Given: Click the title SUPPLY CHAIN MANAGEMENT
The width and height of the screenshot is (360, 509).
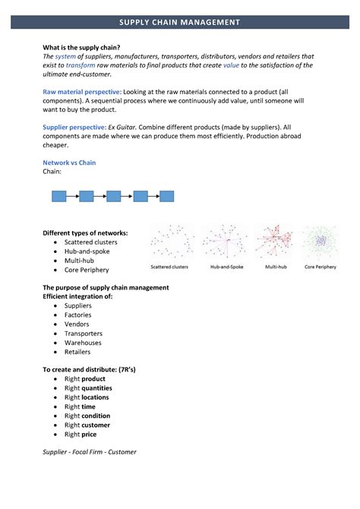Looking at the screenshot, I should pyautogui.click(x=180, y=23).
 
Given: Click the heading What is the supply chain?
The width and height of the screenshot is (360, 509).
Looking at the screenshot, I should pyautogui.click(x=81, y=47).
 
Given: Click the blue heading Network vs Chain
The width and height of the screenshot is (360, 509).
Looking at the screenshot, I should pyautogui.click(x=69, y=163).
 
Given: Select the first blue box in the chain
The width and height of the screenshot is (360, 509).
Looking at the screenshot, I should pyautogui.click(x=59, y=196).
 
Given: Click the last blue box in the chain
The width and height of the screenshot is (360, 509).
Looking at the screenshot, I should pyautogui.click(x=167, y=196).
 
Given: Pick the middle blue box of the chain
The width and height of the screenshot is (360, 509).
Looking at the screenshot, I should pyautogui.click(x=114, y=196).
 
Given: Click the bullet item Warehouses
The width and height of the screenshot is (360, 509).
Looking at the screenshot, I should pyautogui.click(x=82, y=343).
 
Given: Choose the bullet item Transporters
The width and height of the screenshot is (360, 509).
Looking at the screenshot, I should pyautogui.click(x=83, y=334).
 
